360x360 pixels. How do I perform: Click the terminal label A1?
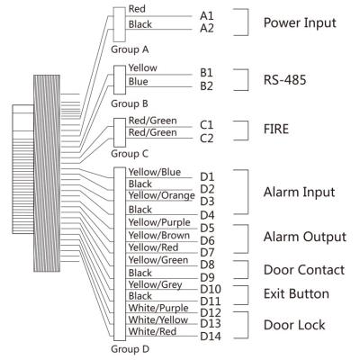pyautogui.click(x=207, y=15)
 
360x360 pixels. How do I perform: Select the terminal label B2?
pyautogui.click(x=206, y=86)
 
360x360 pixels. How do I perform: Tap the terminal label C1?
pyautogui.click(x=206, y=125)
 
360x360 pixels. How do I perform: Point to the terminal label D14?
pyautogui.click(x=211, y=337)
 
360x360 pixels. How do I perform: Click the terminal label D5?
pyautogui.click(x=207, y=228)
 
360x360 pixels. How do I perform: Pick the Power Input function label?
pyautogui.click(x=300, y=23)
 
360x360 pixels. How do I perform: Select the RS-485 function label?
pyautogui.click(x=284, y=80)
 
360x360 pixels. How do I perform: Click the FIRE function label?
pyautogui.click(x=276, y=129)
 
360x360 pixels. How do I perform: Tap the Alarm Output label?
pyautogui.click(x=305, y=237)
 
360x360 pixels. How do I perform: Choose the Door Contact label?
pyautogui.click(x=304, y=270)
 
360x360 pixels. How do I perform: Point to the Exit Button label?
pyautogui.click(x=296, y=293)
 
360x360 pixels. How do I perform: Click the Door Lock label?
pyautogui.click(x=294, y=325)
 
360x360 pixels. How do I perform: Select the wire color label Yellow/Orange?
pyautogui.click(x=161, y=195)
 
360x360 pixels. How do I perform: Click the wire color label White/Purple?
pyautogui.click(x=158, y=308)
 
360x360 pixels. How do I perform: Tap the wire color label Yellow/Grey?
pyautogui.click(x=155, y=284)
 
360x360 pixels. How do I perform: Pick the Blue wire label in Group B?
pyautogui.click(x=138, y=82)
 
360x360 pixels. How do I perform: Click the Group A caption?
pyautogui.click(x=130, y=49)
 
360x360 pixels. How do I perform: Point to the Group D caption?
pyautogui.click(x=130, y=349)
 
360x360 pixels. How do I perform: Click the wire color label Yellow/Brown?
pyautogui.click(x=159, y=236)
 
